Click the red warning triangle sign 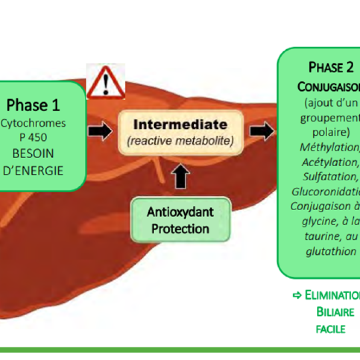105,82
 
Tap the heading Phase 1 33,105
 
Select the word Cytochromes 33,123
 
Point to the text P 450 33,137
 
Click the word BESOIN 33,154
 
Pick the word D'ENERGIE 33,171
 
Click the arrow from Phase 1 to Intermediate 99,131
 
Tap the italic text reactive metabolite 180,141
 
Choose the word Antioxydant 180,212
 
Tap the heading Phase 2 331,67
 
